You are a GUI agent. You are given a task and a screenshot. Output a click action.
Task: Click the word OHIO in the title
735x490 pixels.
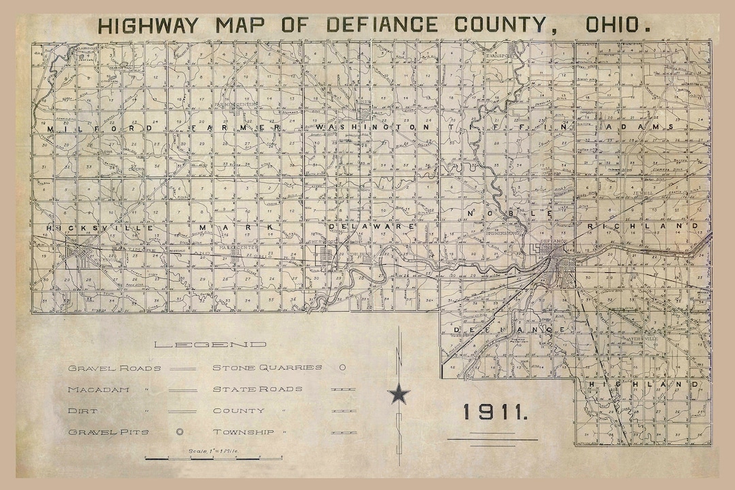[614, 26]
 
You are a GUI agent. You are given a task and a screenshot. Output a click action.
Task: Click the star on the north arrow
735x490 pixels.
[399, 394]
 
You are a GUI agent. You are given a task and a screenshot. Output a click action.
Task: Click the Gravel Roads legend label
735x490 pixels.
[114, 368]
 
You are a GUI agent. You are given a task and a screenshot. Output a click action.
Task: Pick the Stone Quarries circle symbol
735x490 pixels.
[342, 367]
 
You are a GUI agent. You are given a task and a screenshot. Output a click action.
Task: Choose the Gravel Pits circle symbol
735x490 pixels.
[180, 431]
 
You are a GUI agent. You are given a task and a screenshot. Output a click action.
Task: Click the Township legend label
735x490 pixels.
[243, 432]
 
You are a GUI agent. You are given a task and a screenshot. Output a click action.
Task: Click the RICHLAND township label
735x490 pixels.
[647, 225]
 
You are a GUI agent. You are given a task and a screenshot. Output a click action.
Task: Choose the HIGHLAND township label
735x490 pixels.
[643, 385]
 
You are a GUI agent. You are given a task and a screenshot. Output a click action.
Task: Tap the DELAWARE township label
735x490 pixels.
[372, 225]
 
